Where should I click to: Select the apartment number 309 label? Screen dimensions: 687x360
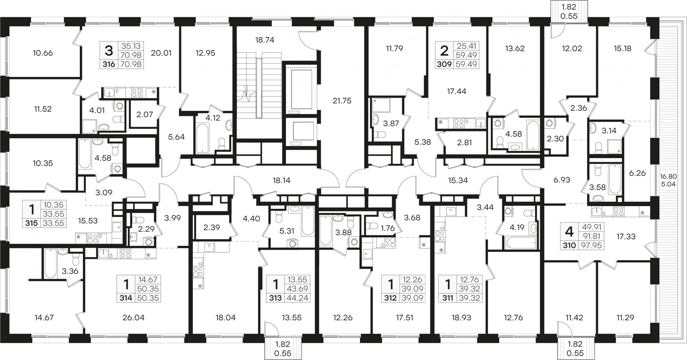(x=444, y=64)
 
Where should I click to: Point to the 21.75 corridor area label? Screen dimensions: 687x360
(x=342, y=101)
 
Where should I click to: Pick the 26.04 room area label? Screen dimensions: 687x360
(x=133, y=317)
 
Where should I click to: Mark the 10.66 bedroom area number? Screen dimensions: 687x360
(x=43, y=53)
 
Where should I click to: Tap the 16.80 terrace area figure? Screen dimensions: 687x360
(x=669, y=176)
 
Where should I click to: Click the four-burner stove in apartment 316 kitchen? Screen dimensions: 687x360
(x=137, y=93)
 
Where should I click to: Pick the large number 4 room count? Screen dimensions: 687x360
(x=569, y=232)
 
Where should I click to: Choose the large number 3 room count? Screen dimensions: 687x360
(x=109, y=51)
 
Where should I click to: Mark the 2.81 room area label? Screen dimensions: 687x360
(x=464, y=142)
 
